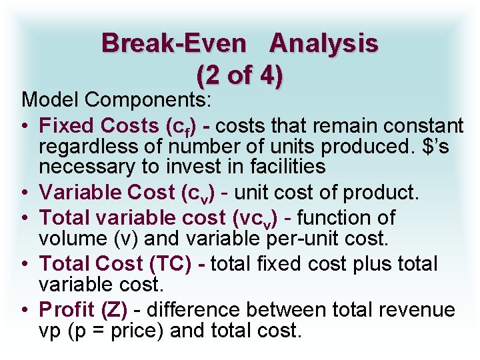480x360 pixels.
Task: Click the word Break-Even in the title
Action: (x=173, y=44)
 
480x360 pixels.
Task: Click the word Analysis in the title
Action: (x=324, y=44)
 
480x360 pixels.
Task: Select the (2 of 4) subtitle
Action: (x=240, y=75)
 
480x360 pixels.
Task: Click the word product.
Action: (x=380, y=193)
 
